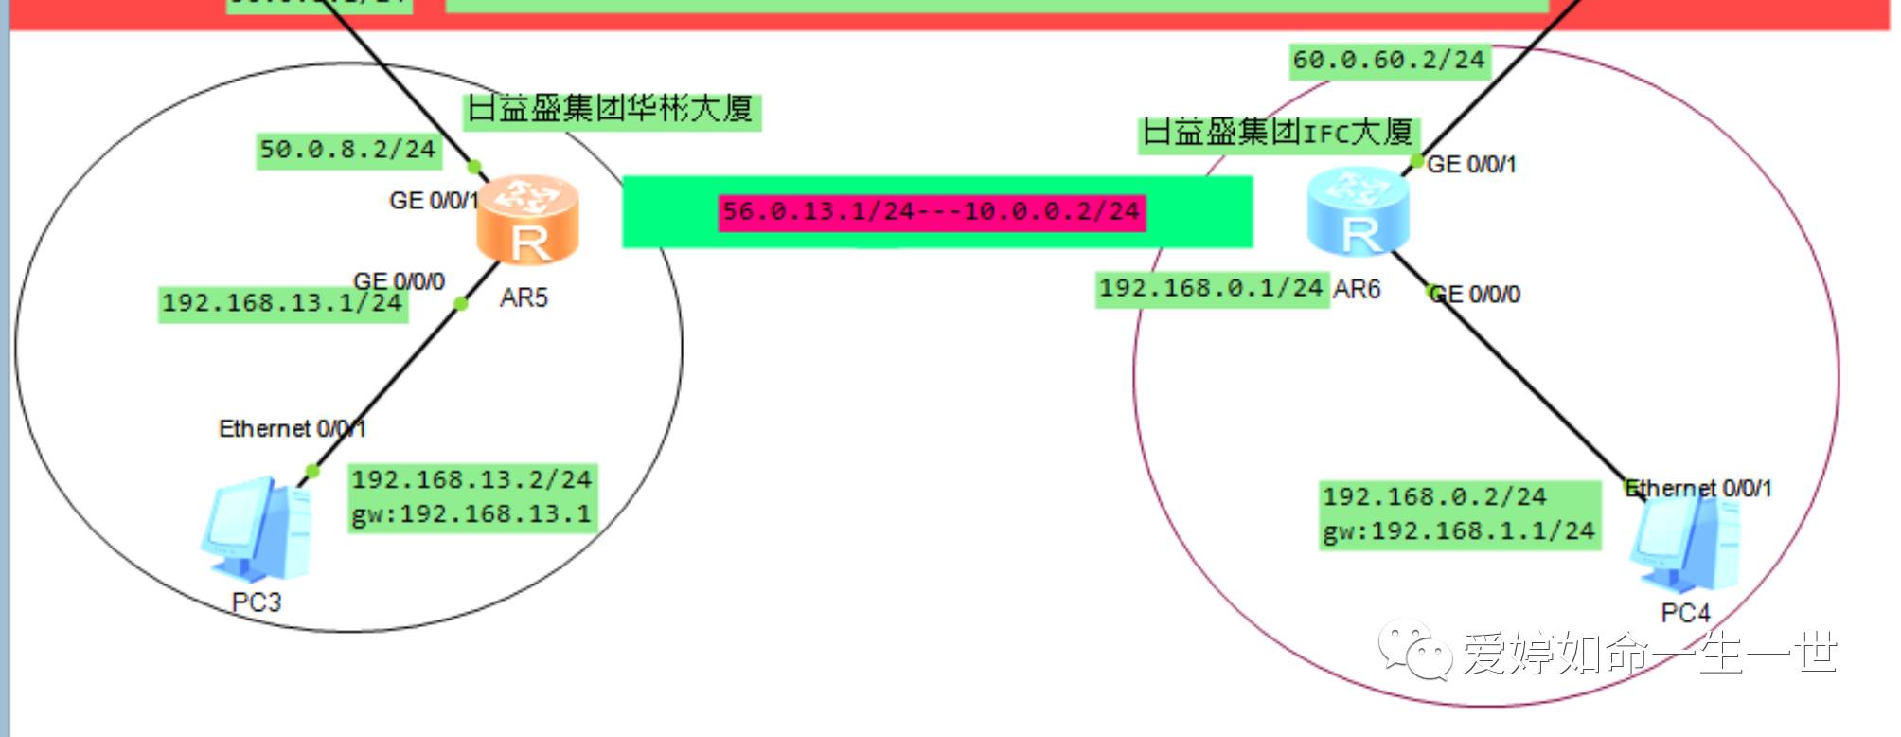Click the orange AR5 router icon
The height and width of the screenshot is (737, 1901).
[x=527, y=220]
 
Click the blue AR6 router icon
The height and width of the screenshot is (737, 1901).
[x=1358, y=212]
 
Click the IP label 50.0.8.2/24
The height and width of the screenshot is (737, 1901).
[x=347, y=150]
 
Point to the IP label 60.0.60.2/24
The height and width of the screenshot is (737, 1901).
[x=1389, y=61]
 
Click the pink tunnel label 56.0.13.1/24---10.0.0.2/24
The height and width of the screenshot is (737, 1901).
[x=932, y=211]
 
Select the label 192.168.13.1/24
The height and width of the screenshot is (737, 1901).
[x=282, y=303]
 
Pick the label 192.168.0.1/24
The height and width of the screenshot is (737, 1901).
[x=1211, y=288]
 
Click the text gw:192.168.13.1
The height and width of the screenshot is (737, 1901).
[x=471, y=514]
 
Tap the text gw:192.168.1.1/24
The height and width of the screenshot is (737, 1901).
[x=1459, y=531]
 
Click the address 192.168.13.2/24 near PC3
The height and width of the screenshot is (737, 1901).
[x=471, y=480]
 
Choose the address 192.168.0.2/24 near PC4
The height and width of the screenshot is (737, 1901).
[x=1434, y=496]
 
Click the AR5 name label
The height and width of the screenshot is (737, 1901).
[x=524, y=298]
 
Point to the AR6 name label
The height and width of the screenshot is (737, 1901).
[x=1357, y=289]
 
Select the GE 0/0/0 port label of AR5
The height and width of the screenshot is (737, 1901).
[x=399, y=281]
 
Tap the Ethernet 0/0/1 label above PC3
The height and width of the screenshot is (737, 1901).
[x=292, y=429]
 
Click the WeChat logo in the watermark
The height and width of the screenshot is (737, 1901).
[x=1414, y=650]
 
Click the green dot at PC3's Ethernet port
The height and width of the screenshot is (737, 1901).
[x=312, y=471]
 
